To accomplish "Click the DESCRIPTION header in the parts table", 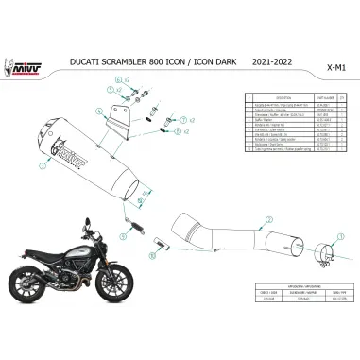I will point(284,96).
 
